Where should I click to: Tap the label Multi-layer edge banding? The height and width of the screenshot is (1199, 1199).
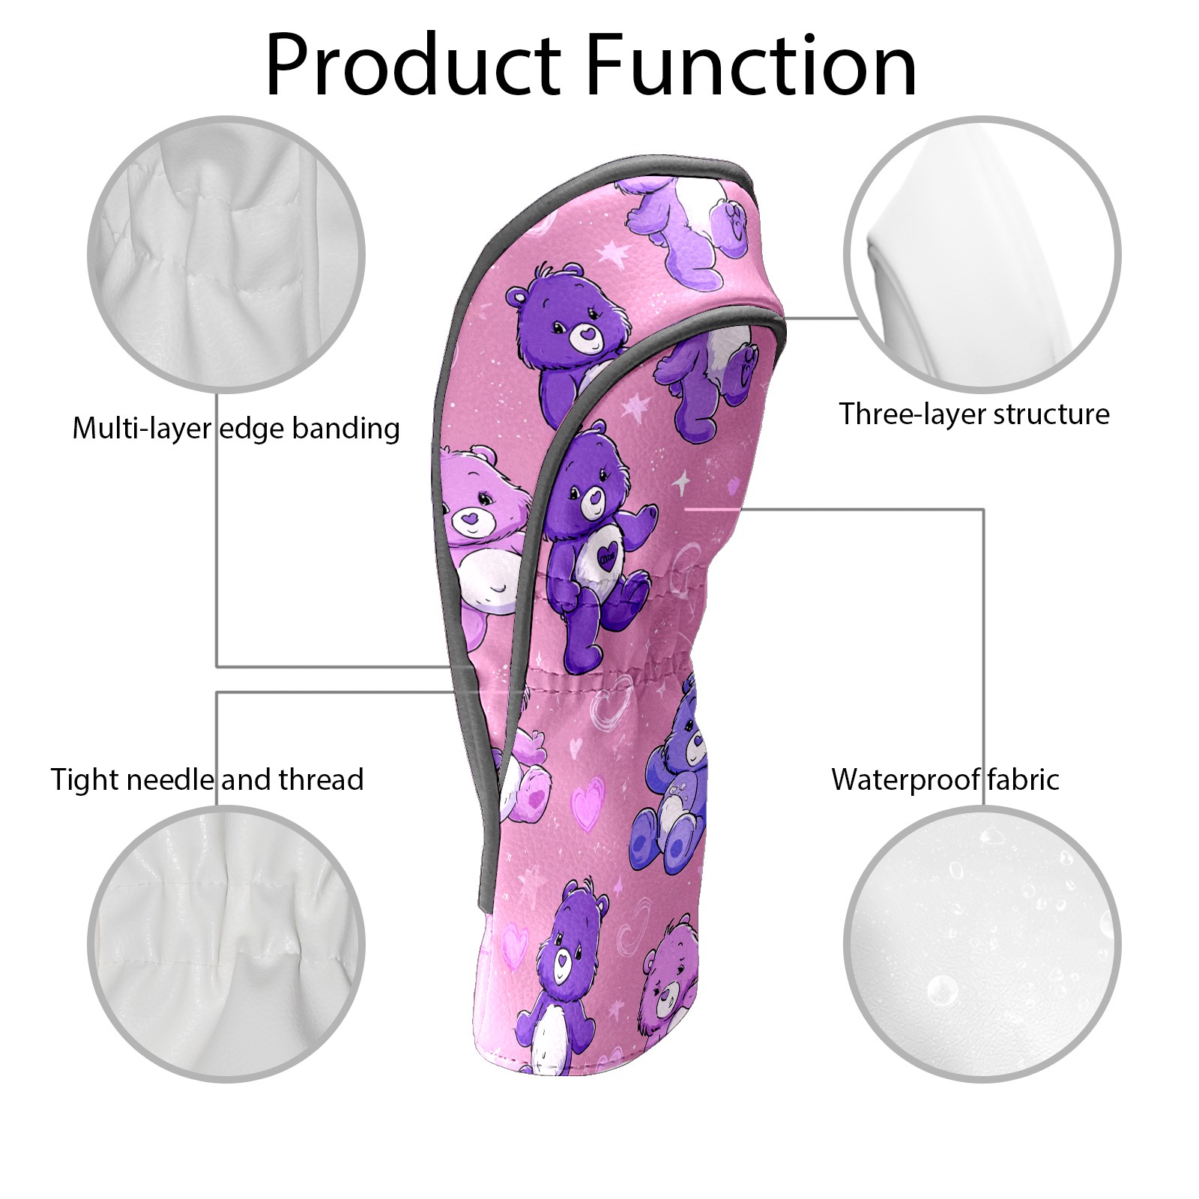pos(236,429)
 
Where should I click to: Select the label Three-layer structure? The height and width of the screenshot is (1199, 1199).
pos(973,414)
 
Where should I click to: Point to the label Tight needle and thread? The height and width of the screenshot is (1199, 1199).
pos(207,780)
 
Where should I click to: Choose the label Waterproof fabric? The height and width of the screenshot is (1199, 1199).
pos(945,780)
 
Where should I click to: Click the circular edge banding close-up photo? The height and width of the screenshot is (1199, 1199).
pos(227,254)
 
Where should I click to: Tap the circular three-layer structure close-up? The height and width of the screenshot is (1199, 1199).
pos(982,254)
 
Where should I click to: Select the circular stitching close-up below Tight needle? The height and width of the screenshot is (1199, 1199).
pos(227,945)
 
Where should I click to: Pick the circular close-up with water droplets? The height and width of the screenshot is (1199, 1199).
pos(982,945)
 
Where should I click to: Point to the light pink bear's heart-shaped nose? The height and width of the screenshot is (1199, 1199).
pos(469,517)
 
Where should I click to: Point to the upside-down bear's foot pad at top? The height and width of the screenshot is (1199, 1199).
pos(733,224)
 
